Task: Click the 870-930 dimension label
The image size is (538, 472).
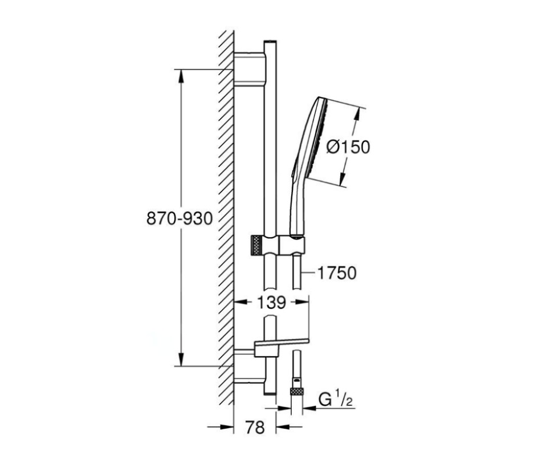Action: pyautogui.click(x=180, y=218)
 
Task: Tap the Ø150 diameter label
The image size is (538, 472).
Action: pyautogui.click(x=348, y=147)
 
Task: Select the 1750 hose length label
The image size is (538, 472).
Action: pyautogui.click(x=337, y=273)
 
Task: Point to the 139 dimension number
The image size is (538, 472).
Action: pyautogui.click(x=271, y=303)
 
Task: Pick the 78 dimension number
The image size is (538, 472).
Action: pyautogui.click(x=255, y=428)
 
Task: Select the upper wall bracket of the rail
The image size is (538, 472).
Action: pyautogui.click(x=250, y=69)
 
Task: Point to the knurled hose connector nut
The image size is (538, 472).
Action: pyautogui.click(x=297, y=391)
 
